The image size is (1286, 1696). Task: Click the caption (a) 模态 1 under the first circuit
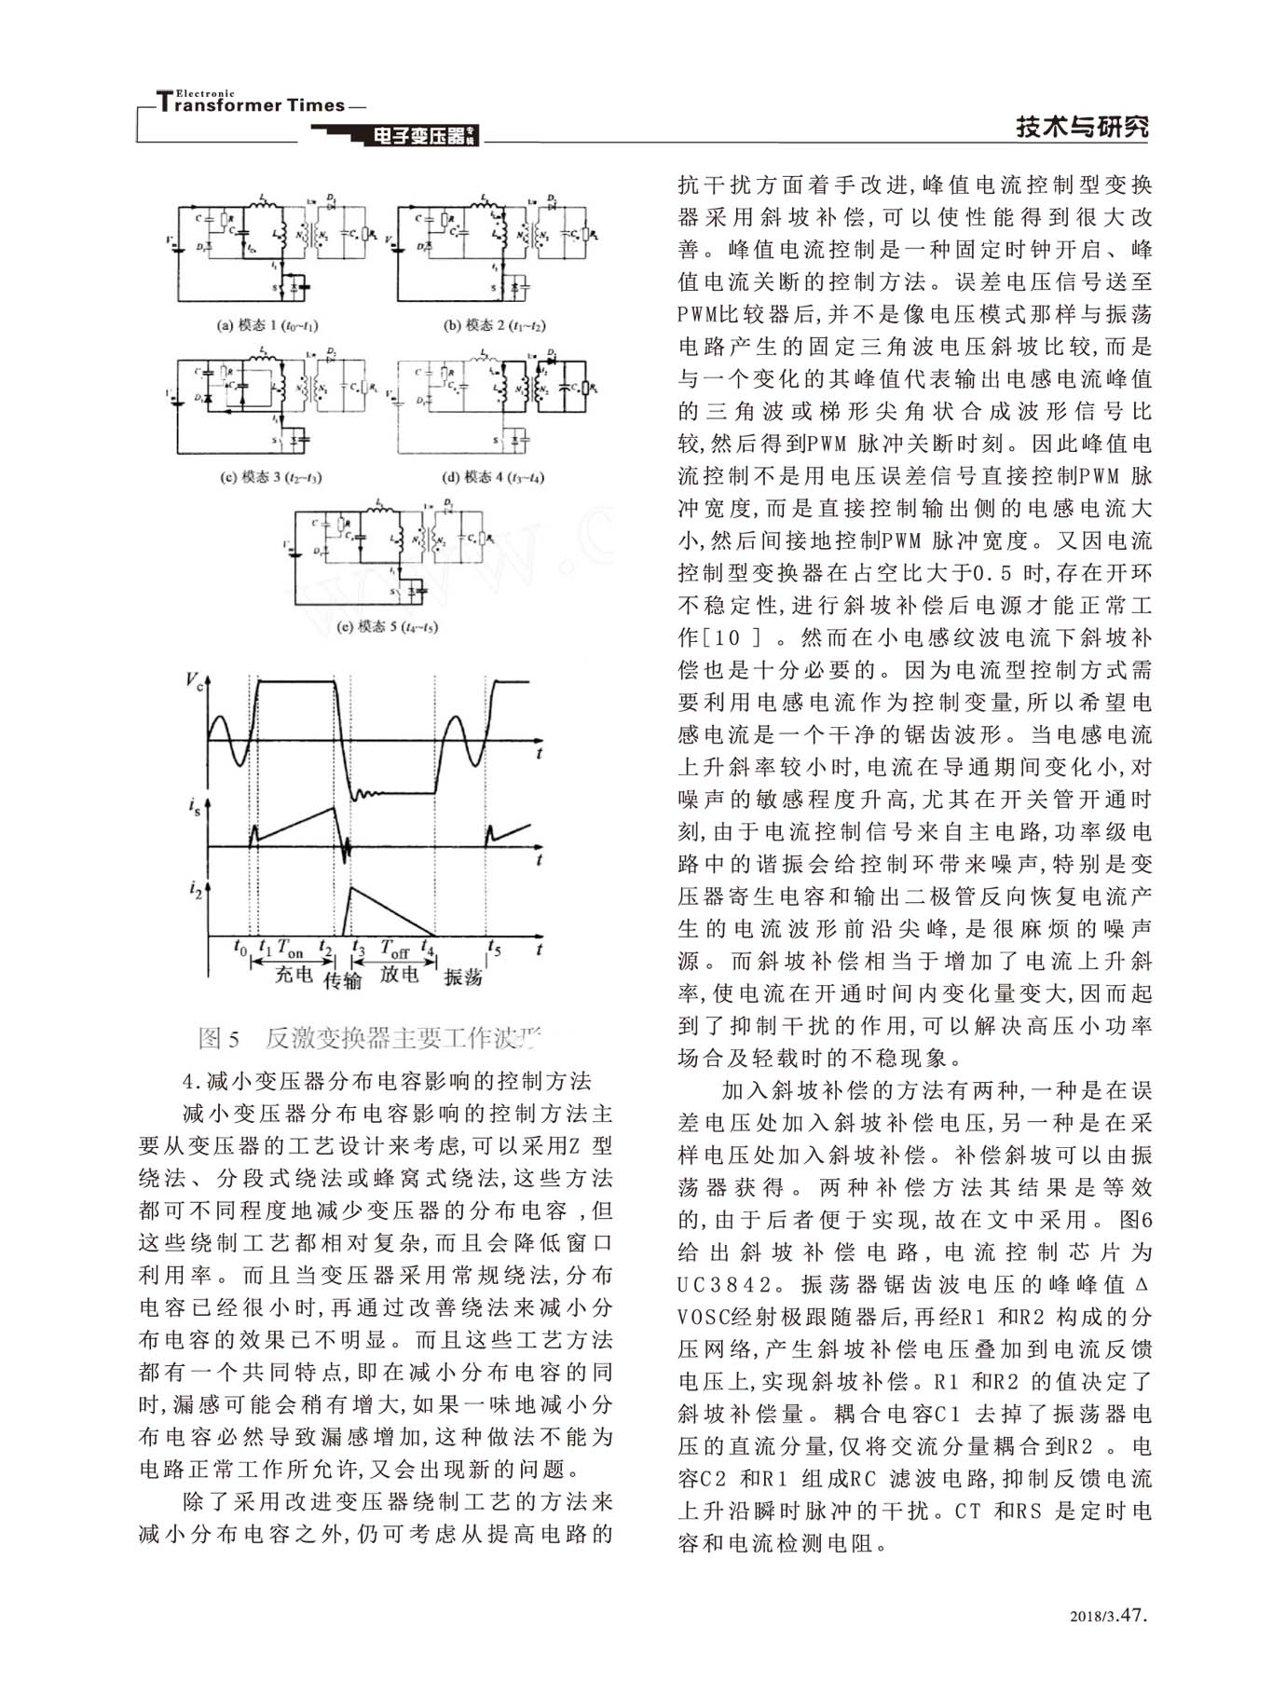click(x=267, y=326)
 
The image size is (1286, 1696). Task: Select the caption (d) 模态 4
click(x=493, y=478)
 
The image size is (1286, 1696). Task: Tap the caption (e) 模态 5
click(x=387, y=627)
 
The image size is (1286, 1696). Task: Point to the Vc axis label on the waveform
click(x=194, y=681)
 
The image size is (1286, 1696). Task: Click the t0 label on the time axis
click(x=239, y=948)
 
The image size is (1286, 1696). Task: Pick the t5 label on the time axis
click(x=495, y=948)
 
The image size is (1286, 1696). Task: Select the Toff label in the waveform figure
click(x=394, y=950)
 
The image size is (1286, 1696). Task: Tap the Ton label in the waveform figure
click(x=290, y=950)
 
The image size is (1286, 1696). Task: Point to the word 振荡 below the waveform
click(x=463, y=977)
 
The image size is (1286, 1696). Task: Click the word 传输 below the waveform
click(x=342, y=980)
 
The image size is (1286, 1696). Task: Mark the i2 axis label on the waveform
click(x=194, y=891)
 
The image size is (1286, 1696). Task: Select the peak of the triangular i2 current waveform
click(x=349, y=887)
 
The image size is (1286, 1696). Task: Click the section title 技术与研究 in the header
click(x=1082, y=128)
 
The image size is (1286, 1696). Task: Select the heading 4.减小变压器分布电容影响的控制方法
click(x=388, y=1081)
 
